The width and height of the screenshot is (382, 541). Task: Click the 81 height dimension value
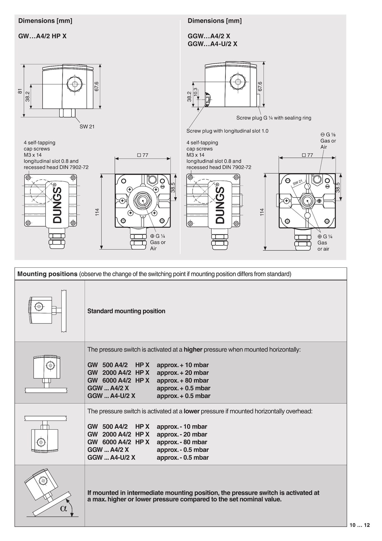pos(20,91)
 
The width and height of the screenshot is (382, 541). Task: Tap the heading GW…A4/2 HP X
pos(42,36)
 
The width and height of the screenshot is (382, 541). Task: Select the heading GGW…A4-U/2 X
pos(212,44)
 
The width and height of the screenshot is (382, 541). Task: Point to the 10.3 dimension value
pos(195,93)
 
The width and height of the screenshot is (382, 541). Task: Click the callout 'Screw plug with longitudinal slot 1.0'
pos(227,131)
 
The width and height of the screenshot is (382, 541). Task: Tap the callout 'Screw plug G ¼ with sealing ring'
pos(274,118)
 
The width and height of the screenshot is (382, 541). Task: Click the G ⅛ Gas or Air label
pos(328,141)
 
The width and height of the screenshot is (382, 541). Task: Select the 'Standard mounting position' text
pos(126,311)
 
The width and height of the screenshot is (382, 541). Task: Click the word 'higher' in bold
pos(193,350)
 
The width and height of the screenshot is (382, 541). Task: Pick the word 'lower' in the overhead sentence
pos(191,411)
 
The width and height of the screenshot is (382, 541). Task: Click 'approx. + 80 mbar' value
pos(183,380)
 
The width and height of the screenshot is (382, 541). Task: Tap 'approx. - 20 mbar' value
pos(182,434)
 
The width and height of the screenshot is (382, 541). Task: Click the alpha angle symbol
pos(64,508)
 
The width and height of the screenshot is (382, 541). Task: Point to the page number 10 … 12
pos(359,525)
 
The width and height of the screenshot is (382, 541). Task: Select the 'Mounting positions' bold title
pos(47,274)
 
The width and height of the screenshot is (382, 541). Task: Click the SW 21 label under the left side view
pos(87,127)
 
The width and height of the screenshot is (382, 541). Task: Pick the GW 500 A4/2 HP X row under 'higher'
pos(118,365)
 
